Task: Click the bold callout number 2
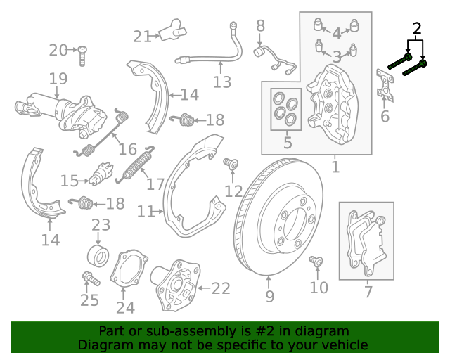(417, 29)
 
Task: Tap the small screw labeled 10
(316, 262)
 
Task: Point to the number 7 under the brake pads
(368, 292)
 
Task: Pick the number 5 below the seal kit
(287, 143)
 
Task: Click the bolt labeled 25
(90, 279)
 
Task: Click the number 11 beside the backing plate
(146, 212)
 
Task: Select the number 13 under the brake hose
(221, 83)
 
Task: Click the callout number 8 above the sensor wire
(261, 27)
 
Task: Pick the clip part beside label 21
(173, 32)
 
